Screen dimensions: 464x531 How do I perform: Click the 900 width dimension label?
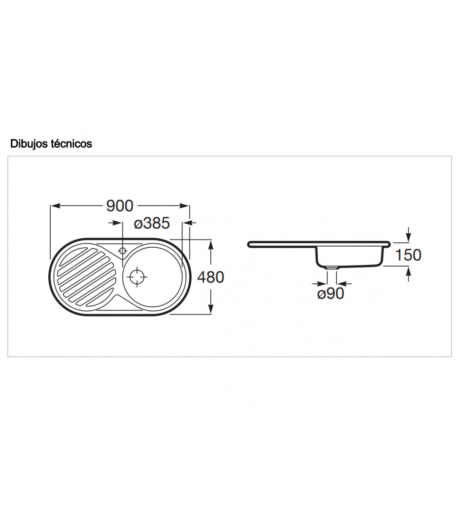[120, 206]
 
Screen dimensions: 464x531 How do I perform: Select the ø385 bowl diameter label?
[152, 223]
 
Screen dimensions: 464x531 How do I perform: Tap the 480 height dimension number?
[210, 277]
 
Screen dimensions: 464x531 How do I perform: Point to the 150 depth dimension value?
[408, 255]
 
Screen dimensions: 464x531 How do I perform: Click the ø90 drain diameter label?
[331, 293]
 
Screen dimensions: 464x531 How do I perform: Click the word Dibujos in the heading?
[29, 144]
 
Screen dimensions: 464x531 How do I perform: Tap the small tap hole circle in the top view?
[122, 251]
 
